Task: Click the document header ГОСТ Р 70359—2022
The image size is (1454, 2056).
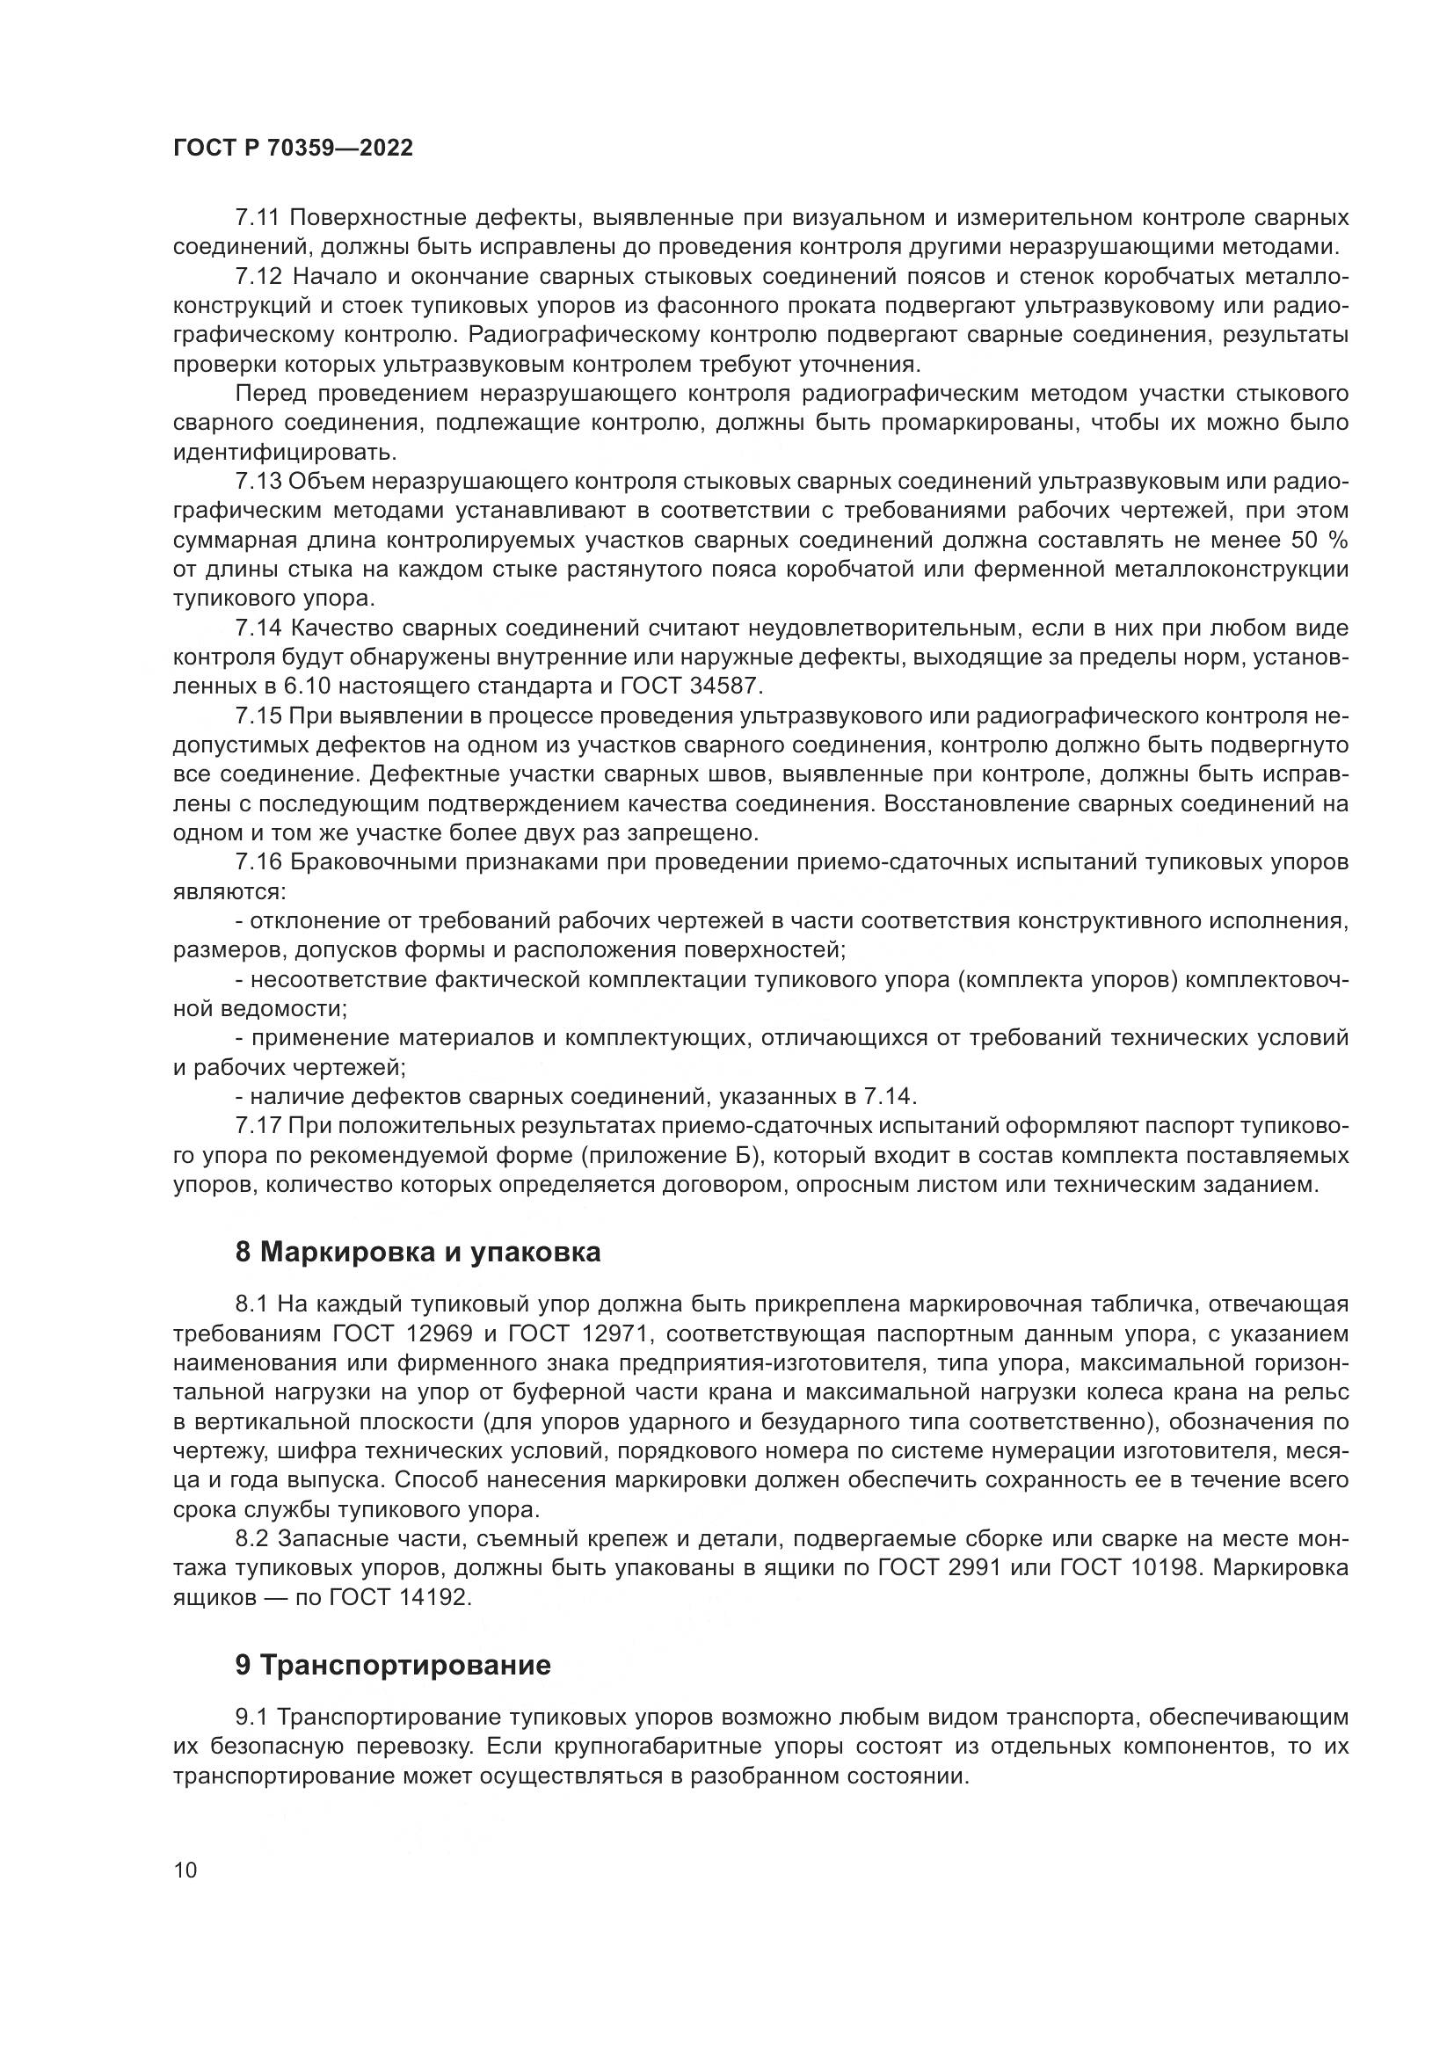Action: point(293,149)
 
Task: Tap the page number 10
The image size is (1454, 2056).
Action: point(185,1871)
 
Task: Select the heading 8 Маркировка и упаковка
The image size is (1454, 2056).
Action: point(418,1252)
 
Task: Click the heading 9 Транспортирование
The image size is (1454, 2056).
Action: point(393,1666)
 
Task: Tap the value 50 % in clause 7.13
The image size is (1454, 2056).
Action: point(1320,541)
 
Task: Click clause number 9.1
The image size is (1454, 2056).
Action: point(252,1717)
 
